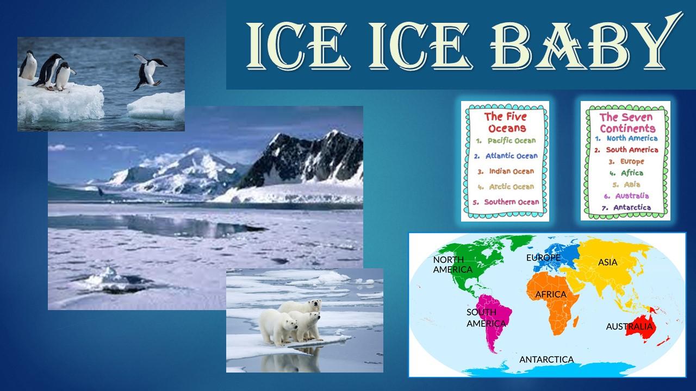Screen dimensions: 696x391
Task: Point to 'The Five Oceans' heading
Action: click(x=506, y=122)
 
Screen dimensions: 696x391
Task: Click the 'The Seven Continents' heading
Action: click(x=627, y=123)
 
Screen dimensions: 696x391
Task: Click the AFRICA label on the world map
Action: click(x=551, y=294)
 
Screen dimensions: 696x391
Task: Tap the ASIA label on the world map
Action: click(x=608, y=262)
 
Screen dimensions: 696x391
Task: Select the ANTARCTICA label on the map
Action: click(x=546, y=360)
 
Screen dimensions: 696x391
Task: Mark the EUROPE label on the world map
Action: click(x=543, y=257)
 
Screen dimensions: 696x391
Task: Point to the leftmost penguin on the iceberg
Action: click(x=28, y=65)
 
